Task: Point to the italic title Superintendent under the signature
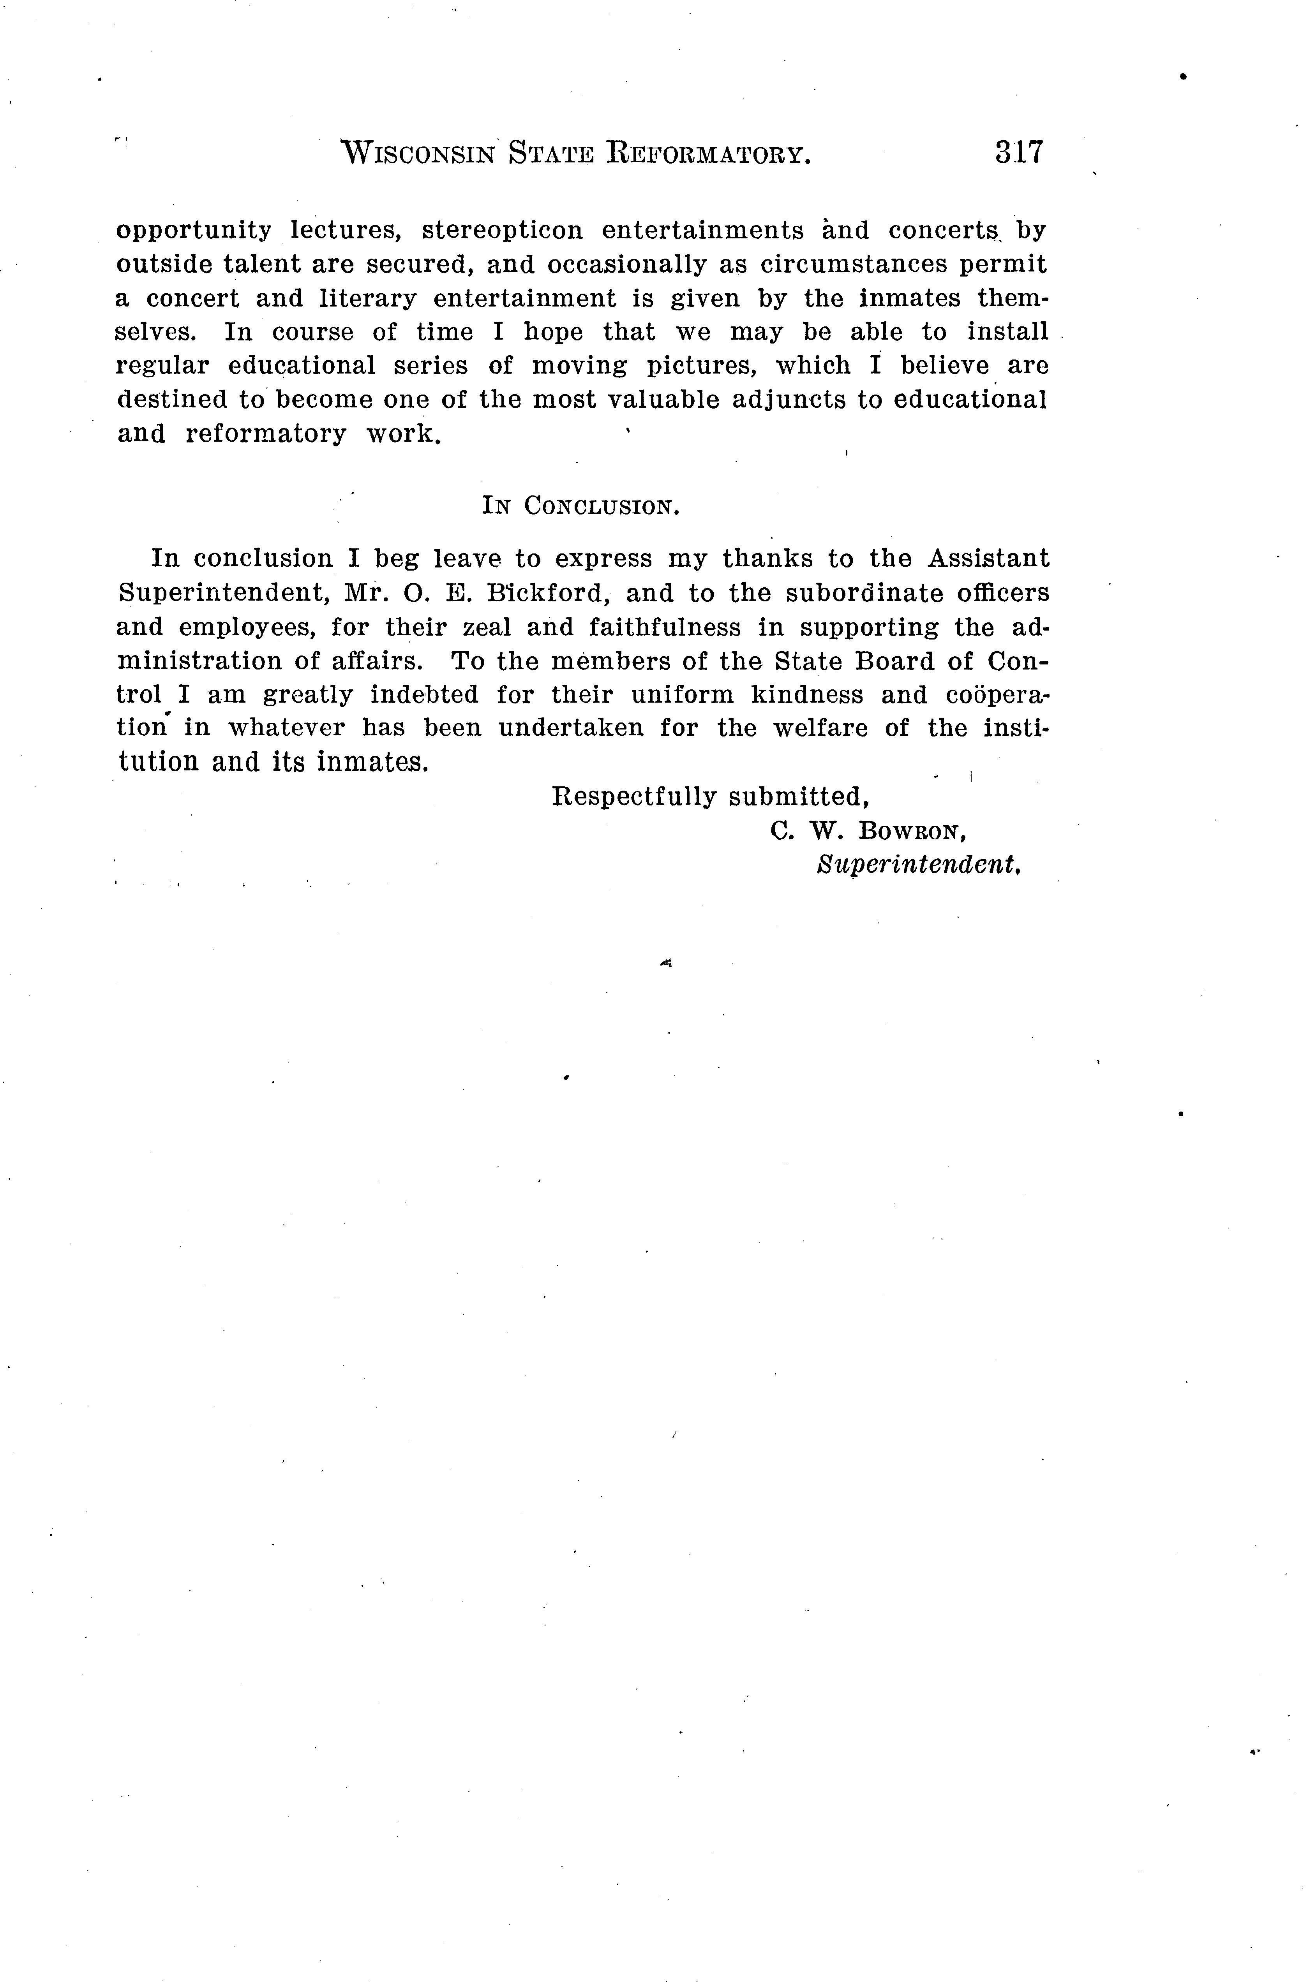tap(919, 865)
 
